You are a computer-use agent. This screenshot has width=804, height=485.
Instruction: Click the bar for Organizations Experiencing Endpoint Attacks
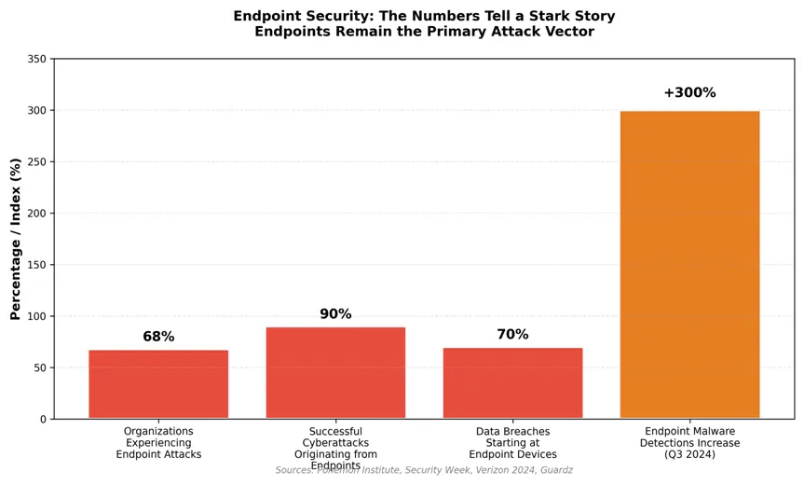tap(158, 384)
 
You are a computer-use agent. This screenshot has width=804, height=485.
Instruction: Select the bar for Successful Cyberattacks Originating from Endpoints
tap(335, 373)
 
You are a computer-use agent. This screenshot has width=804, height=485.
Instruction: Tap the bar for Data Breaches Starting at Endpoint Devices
tap(512, 383)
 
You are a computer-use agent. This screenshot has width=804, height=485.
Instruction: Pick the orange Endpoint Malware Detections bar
tap(689, 265)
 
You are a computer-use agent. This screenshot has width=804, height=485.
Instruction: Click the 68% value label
tap(158, 337)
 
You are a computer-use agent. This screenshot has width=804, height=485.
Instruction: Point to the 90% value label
tap(335, 314)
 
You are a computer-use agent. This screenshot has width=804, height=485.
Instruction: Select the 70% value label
tap(512, 335)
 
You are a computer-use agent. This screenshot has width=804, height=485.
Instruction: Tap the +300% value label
tap(689, 93)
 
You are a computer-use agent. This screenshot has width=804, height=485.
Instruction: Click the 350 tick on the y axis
tap(35, 59)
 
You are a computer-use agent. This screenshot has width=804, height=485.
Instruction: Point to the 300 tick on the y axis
tap(35, 110)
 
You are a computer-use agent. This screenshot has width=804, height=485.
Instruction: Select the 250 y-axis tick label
tap(35, 162)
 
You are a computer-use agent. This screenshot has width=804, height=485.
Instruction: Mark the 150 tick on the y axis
tap(35, 265)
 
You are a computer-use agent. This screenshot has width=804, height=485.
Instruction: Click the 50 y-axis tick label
tap(38, 368)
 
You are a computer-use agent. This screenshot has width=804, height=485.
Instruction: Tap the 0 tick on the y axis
tap(42, 420)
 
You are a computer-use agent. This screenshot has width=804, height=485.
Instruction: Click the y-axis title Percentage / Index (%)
tap(15, 239)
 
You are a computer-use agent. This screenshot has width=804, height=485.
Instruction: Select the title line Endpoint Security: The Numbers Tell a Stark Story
tap(424, 16)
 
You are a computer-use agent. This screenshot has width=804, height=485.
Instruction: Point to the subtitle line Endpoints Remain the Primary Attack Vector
tap(424, 32)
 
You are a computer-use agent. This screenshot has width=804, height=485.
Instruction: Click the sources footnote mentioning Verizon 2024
tap(424, 470)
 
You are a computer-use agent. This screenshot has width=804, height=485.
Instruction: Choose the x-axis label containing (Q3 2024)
tap(689, 443)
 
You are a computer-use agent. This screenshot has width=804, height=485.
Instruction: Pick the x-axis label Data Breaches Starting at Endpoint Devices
tap(512, 443)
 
